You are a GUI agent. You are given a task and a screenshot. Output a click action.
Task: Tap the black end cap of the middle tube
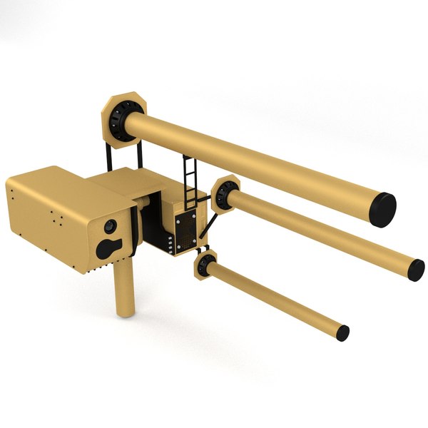pos(417,269)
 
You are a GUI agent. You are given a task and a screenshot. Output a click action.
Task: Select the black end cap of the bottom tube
pos(343,332)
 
